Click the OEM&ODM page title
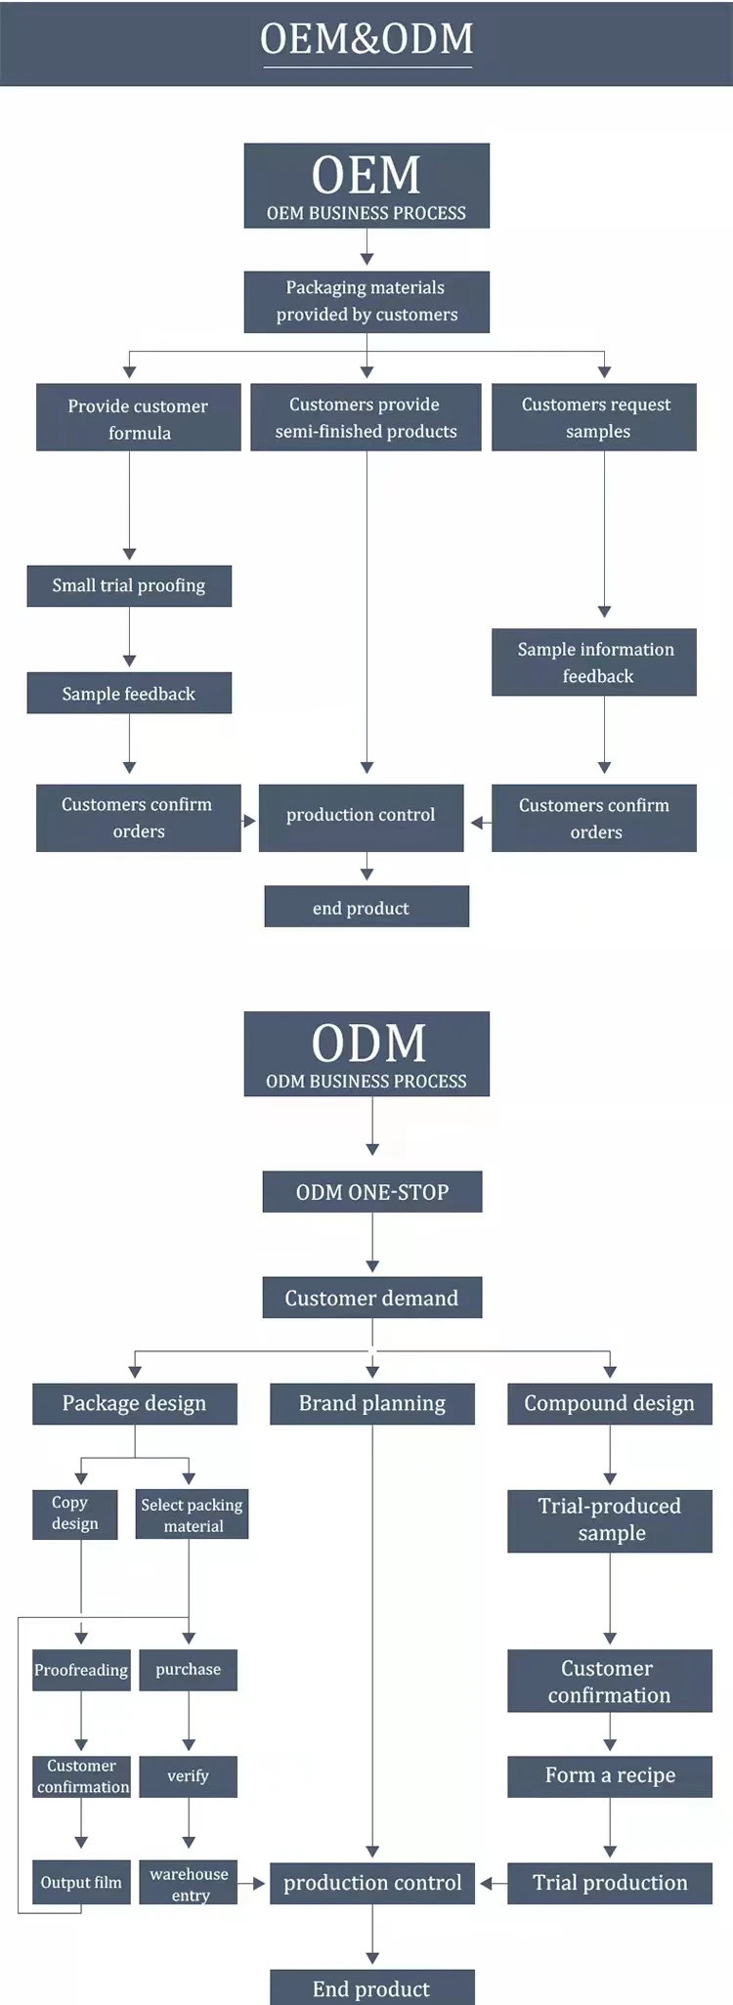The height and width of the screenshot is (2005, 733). point(366,39)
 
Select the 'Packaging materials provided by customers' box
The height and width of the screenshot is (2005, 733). point(366,301)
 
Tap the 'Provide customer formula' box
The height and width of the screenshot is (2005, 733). point(138,417)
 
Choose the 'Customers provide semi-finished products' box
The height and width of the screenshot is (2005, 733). point(366,417)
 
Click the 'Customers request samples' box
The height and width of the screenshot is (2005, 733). point(594,417)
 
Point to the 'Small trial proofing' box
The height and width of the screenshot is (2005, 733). point(129,585)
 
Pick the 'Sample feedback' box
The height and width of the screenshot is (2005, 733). point(129,693)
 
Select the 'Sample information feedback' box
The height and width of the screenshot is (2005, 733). point(594,661)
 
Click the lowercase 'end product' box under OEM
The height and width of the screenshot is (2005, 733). point(366,907)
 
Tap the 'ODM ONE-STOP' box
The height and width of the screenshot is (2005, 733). point(372,1191)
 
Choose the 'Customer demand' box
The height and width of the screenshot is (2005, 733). point(372,1298)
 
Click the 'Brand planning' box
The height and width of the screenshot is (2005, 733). point(372,1403)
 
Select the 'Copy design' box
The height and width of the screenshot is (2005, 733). point(75,1514)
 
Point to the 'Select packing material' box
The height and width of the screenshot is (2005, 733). point(192,1514)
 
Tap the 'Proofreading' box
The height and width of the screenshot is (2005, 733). point(81,1670)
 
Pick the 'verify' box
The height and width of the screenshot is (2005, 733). point(188,1776)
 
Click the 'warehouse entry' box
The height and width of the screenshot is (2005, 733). point(189,1882)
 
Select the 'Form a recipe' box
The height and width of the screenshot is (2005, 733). point(610,1775)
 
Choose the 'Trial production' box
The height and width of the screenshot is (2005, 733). point(610,1882)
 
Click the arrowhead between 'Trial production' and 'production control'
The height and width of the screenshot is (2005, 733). point(487,1883)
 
